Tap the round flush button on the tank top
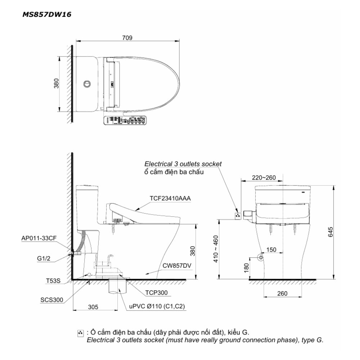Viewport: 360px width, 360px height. click(x=86, y=84)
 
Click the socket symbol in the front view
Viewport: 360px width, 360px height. click(x=238, y=216)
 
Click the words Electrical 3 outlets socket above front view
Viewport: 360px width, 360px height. click(x=183, y=163)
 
